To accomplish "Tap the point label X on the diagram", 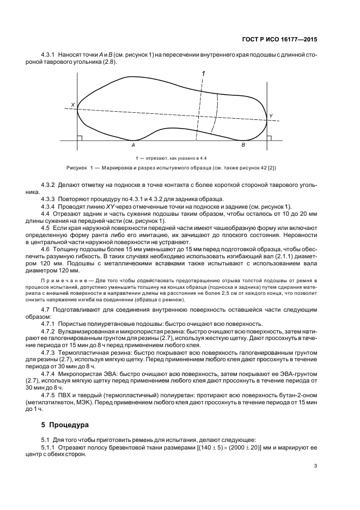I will click(x=72, y=105).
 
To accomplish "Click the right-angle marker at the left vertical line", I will click(x=80, y=138).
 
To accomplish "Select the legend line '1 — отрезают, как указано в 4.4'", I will click(x=169, y=157).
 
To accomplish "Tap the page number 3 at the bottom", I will click(x=316, y=465).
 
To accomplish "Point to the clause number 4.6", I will click(x=46, y=249).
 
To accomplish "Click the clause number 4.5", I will click(x=46, y=227).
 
